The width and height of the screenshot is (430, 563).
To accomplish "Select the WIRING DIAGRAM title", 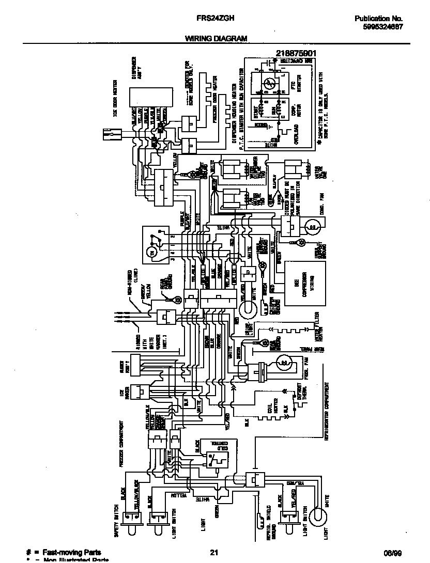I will [x=216, y=38].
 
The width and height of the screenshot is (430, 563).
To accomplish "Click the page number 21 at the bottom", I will [x=214, y=553].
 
